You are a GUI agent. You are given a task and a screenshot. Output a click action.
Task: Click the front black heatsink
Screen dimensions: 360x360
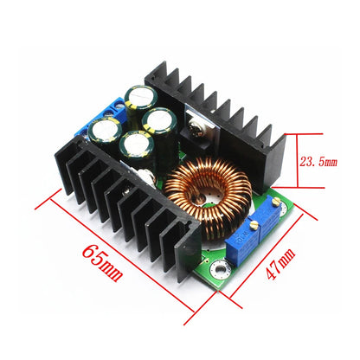click(130, 208)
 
